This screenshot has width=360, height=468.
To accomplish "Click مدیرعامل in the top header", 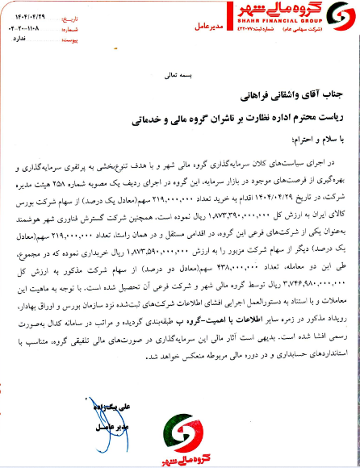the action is pyautogui.click(x=207, y=27).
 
